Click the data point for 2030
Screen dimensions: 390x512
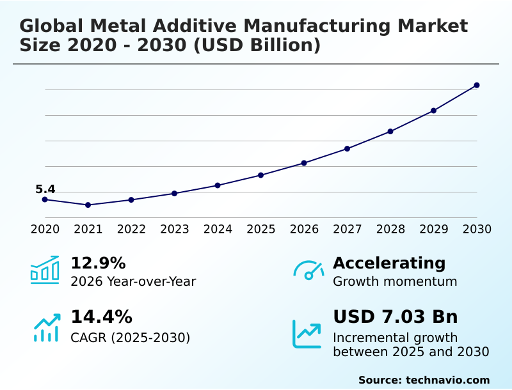[x=477, y=85]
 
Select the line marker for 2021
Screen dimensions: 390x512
[x=88, y=205]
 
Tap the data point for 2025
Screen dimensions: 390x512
[x=260, y=175]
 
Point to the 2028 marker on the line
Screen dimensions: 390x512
[x=390, y=131]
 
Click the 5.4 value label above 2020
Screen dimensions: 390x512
[x=45, y=189]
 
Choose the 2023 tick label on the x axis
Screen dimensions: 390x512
[x=174, y=230]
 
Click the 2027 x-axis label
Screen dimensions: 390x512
[x=347, y=230]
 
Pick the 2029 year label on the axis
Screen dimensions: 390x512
[x=433, y=230]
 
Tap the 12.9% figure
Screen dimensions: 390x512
[x=98, y=263]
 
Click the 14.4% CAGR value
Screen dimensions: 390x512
[x=101, y=317]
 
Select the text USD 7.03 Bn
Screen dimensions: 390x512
[x=395, y=317]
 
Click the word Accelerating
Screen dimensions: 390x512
[x=389, y=263]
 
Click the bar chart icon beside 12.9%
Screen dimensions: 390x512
[x=45, y=270]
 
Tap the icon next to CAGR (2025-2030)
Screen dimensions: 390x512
[x=46, y=327]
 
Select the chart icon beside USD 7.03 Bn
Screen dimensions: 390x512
[x=307, y=334]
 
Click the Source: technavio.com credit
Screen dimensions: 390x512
[x=424, y=380]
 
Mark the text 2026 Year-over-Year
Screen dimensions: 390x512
[x=133, y=282]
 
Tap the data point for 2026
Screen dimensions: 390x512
[x=304, y=163]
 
